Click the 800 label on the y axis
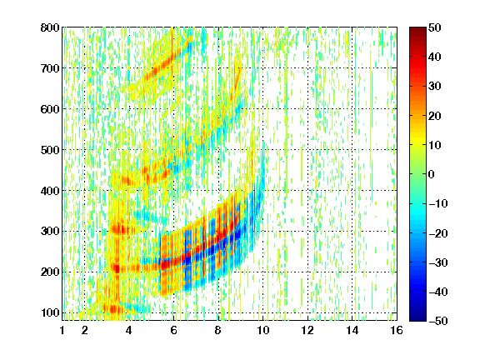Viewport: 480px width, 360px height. pos(50,27)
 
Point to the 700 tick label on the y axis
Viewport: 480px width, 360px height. pos(50,68)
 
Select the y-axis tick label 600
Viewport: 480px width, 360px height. pos(50,109)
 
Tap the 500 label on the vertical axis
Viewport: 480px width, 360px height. pos(50,150)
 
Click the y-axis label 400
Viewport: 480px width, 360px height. pos(50,191)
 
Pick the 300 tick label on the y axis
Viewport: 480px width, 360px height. pos(50,231)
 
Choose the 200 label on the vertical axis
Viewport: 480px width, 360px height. pos(50,272)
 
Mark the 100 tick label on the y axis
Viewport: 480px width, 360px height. pos(50,312)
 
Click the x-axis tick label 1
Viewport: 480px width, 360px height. pos(62,330)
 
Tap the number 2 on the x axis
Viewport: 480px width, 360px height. pos(85,330)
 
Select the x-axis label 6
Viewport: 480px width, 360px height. pos(174,330)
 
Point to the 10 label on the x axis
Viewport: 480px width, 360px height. pos(262,330)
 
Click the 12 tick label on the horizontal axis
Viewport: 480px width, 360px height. pos(307,330)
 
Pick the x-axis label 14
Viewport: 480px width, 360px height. pos(352,330)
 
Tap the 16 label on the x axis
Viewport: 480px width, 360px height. pos(397,330)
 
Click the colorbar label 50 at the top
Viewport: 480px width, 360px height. pos(434,27)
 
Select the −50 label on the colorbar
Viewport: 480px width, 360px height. pos(437,321)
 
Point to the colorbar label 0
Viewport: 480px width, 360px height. pos(432,174)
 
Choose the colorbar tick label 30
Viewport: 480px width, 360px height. pos(434,87)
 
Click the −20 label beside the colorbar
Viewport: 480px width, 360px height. pos(437,233)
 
